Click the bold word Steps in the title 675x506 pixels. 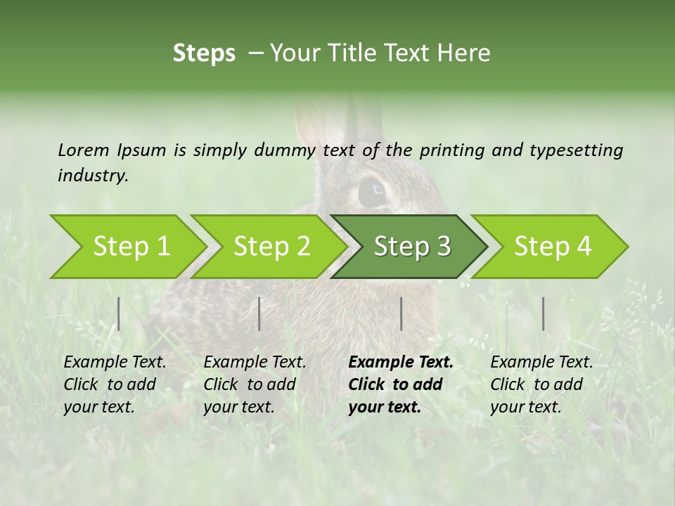click(204, 53)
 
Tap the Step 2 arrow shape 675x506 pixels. click(271, 246)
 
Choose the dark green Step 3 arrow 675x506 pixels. click(411, 246)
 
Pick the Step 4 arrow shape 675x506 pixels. click(552, 246)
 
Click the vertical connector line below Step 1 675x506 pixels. click(119, 313)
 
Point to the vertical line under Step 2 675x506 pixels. click(259, 313)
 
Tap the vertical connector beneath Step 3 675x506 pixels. click(401, 313)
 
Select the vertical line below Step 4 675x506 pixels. click(543, 313)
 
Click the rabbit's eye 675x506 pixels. click(372, 191)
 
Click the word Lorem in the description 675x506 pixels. click(84, 150)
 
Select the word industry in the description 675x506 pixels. click(93, 176)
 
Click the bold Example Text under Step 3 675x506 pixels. click(401, 363)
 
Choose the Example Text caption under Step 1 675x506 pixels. click(115, 363)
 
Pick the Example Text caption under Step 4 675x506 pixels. click(541, 363)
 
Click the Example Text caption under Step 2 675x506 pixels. click(255, 363)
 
